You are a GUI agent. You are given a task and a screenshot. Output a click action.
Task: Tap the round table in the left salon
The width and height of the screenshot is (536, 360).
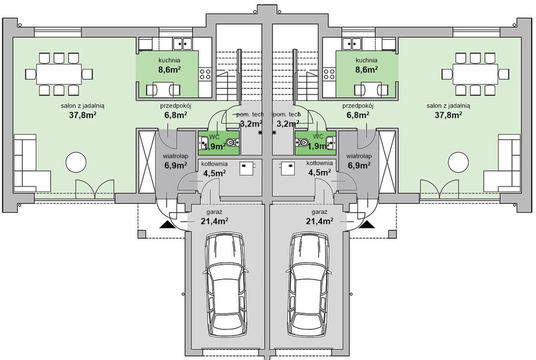pos(77,163)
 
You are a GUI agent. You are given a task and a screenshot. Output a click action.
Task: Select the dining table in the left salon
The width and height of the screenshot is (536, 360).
pos(59,75)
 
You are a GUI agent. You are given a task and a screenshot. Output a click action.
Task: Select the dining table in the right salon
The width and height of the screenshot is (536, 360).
pos(476,75)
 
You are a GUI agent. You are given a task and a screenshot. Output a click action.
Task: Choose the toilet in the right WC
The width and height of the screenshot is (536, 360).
pos(304,143)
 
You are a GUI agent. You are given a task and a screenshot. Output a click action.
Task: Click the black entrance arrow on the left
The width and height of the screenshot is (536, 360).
pos(165,225)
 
